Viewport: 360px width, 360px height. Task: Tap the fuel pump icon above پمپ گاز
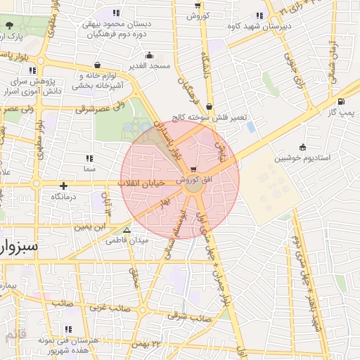click(341, 101)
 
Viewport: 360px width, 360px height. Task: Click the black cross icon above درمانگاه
click(64, 186)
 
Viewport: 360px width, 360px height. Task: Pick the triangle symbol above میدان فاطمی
click(127, 230)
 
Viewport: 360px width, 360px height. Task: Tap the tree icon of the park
click(8, 25)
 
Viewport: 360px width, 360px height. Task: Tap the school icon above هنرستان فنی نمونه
click(68, 329)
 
